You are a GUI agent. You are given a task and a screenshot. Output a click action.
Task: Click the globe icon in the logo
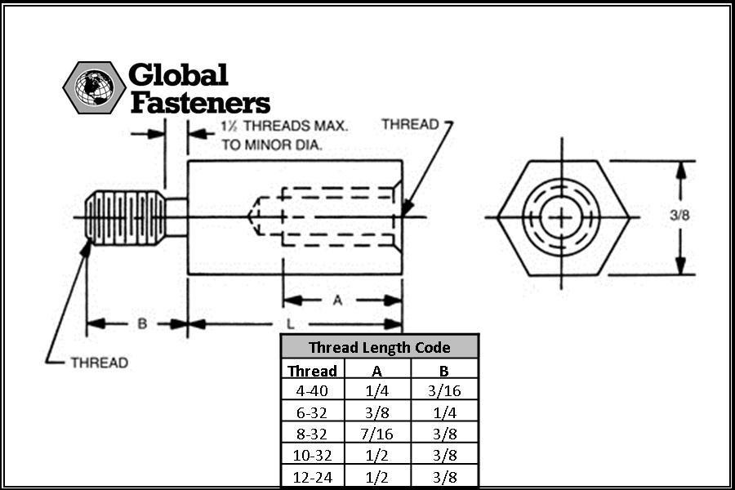coord(94,87)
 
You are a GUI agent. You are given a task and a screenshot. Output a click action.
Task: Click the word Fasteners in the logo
coord(200,103)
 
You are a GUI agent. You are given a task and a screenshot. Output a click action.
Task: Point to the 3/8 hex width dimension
coord(679,216)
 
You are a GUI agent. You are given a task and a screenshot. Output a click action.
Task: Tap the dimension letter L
coord(290,323)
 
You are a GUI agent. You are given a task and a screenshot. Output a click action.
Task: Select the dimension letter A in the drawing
coord(337,300)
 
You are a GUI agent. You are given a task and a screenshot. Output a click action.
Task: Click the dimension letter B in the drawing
coord(142,323)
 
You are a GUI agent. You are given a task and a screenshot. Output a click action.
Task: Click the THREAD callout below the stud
coord(100,363)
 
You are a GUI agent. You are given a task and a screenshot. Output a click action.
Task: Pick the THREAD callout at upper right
coord(410,124)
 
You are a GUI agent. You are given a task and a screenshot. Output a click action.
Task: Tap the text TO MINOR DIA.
coord(272,145)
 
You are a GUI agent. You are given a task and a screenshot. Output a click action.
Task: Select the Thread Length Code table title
coord(379,347)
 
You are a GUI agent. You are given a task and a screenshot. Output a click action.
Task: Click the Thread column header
coord(312,371)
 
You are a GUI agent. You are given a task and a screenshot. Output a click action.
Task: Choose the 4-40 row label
coord(312,390)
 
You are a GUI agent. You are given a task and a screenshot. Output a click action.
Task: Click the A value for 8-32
coord(376,434)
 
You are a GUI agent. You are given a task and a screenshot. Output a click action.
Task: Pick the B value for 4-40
coord(444,390)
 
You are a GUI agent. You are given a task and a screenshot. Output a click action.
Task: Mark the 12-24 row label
coord(312,477)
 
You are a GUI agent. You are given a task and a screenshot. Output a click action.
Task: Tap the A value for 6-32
coord(376,412)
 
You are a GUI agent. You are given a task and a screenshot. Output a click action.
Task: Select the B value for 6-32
coord(444,412)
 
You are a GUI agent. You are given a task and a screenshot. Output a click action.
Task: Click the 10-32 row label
coord(312,456)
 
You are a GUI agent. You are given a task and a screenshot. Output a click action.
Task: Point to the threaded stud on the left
coord(126,218)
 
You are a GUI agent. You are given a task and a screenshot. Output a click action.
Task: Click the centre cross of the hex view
coord(562,217)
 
